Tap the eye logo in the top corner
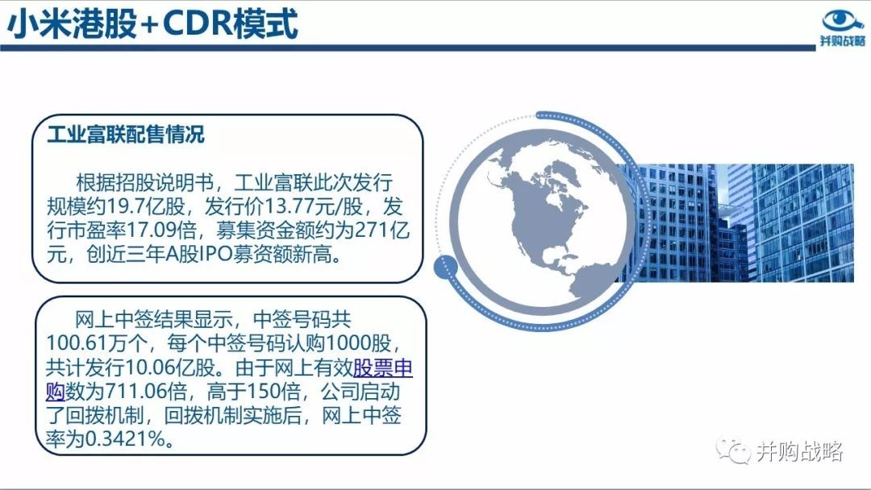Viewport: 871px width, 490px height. tap(843, 21)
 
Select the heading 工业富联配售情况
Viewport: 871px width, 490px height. tap(126, 135)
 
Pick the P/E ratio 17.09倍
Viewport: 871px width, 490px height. tap(163, 230)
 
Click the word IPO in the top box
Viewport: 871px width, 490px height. tap(219, 255)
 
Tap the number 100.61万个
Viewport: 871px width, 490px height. tap(96, 343)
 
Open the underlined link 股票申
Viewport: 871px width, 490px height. tap(383, 367)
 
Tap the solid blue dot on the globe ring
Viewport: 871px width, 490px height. tap(445, 268)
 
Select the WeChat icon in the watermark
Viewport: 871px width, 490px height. tap(733, 451)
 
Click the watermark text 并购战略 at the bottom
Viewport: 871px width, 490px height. tap(799, 451)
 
